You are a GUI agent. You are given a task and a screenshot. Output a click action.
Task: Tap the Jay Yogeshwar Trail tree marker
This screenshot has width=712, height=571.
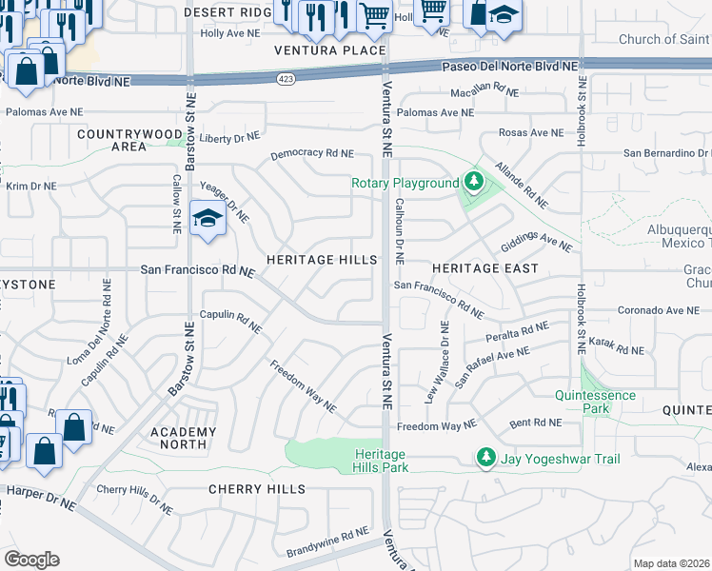pos(486,459)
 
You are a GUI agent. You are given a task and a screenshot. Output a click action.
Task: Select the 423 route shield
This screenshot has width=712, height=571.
pos(285,78)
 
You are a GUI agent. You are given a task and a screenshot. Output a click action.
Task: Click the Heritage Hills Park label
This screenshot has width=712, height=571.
pos(381,461)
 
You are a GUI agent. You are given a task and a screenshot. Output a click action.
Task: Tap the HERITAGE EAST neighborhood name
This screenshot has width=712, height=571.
pos(485,268)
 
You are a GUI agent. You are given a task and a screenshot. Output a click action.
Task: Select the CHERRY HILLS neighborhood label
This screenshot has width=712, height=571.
pos(257,489)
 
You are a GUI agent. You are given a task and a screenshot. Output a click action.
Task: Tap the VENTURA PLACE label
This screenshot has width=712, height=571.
pos(330,50)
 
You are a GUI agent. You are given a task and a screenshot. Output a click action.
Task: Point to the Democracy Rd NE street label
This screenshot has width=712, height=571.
pos(311,153)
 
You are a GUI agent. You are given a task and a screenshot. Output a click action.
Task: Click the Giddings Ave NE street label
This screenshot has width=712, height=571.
pos(539,241)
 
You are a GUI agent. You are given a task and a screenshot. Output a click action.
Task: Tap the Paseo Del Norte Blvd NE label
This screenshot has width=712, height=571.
pos(511,67)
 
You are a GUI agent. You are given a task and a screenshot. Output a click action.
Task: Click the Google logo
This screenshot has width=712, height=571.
pos(31,559)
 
